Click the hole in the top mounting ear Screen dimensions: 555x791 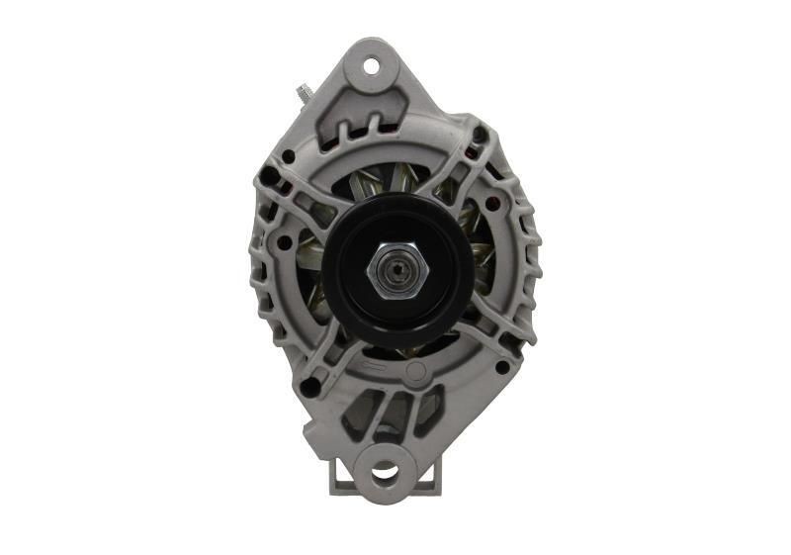(372, 66)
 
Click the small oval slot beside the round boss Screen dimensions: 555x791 (376, 368)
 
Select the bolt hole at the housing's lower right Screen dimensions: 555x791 (502, 367)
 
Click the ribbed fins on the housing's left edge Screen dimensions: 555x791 (259, 267)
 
